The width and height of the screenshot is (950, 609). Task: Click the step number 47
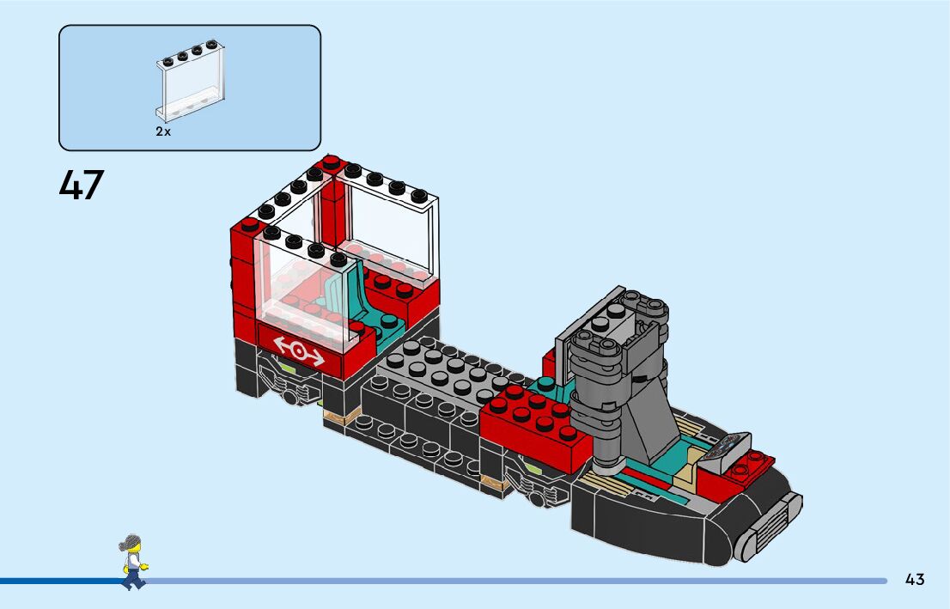(82, 185)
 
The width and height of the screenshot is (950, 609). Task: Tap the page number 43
(915, 580)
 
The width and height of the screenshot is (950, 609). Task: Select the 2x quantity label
(163, 132)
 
